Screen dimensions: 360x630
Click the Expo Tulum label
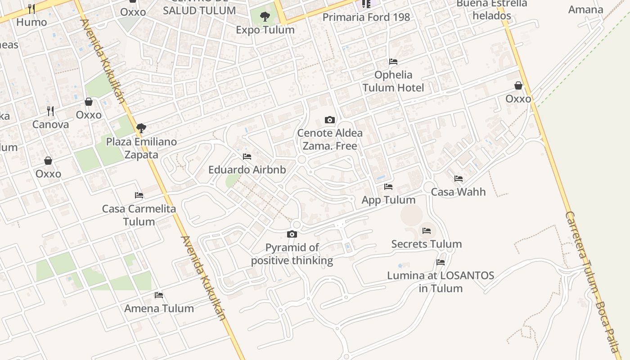click(x=265, y=30)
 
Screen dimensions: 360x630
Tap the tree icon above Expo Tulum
click(x=265, y=17)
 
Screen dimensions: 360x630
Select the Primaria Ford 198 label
click(x=366, y=17)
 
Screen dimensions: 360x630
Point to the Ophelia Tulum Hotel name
click(x=393, y=81)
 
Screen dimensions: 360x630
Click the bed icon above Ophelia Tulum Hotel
click(x=393, y=62)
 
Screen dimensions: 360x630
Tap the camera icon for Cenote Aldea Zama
click(x=330, y=120)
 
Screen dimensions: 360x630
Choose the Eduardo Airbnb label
click(x=247, y=170)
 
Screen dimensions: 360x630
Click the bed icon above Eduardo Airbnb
click(x=247, y=157)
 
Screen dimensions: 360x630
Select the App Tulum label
click(x=388, y=200)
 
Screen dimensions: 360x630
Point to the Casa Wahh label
click(x=458, y=192)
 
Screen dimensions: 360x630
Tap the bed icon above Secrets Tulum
click(x=427, y=231)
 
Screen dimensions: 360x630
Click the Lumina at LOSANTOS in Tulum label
click(x=441, y=282)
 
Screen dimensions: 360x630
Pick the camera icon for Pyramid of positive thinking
click(x=292, y=234)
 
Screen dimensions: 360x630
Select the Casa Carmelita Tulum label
click(x=139, y=215)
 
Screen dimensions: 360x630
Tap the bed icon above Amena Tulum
click(x=159, y=295)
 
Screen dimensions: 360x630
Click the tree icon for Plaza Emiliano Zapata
click(x=141, y=128)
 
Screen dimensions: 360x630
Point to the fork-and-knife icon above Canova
click(x=50, y=111)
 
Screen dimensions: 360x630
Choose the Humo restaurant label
click(x=31, y=22)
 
